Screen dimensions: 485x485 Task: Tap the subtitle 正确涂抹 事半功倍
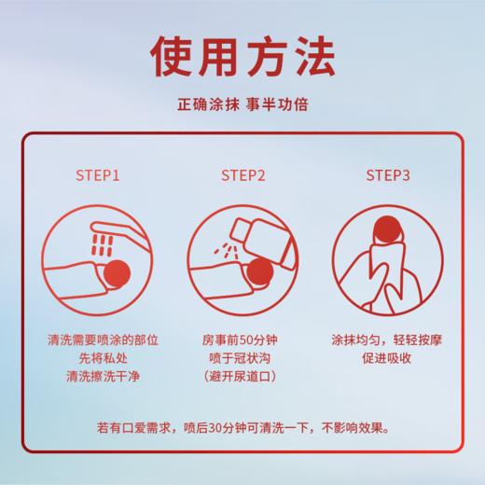242,105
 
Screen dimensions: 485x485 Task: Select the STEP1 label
97,174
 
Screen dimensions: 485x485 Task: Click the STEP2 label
242,174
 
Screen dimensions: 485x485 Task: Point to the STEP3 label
387,174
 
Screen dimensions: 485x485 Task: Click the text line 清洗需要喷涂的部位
97,341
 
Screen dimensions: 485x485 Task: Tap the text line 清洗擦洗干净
97,376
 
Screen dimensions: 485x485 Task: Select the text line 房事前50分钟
242,341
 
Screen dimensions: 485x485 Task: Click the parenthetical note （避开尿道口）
242,376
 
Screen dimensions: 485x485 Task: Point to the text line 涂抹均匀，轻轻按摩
387,341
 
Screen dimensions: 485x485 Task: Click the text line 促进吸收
387,359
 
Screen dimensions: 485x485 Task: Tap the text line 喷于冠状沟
242,359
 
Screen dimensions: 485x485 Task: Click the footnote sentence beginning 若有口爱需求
242,429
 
